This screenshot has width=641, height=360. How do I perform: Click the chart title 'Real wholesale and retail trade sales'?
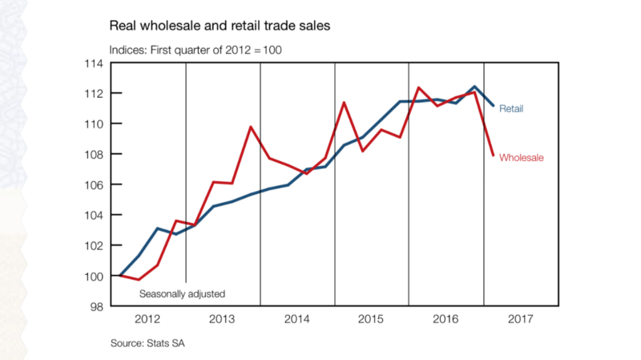[219, 26]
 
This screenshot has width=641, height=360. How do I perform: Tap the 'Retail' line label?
[511, 108]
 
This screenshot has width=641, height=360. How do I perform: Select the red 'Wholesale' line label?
[522, 157]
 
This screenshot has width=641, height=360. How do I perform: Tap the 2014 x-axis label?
[297, 319]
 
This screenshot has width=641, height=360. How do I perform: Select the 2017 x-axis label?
[521, 319]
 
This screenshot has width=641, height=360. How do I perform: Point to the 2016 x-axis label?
[446, 319]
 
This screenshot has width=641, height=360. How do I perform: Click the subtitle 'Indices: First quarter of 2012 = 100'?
[195, 50]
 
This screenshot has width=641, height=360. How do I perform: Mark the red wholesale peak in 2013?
[251, 127]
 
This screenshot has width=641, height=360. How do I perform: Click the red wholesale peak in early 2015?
[344, 103]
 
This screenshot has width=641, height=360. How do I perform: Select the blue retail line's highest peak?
[474, 86]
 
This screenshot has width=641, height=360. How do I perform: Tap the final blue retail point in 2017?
[493, 106]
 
